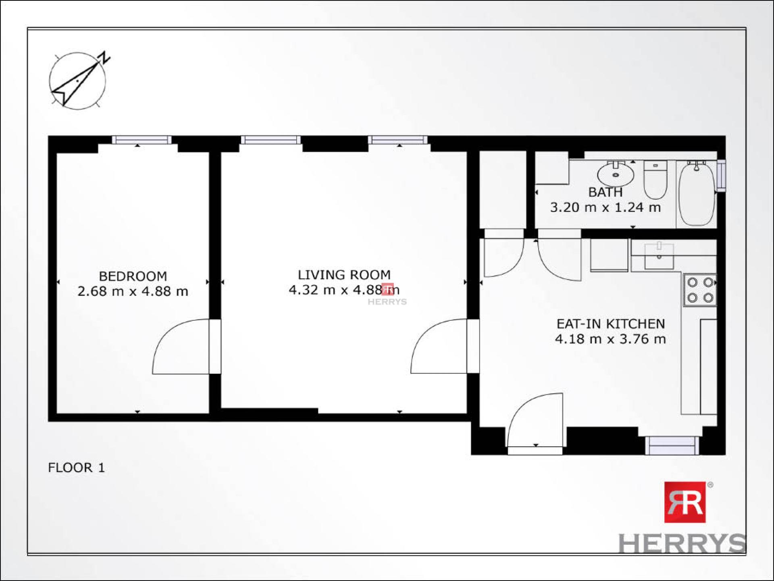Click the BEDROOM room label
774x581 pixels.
(133, 276)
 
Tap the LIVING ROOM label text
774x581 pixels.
(344, 275)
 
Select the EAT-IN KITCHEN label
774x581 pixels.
(610, 324)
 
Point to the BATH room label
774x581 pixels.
(605, 192)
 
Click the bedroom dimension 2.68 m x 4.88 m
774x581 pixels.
(133, 291)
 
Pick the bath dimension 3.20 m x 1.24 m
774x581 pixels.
(605, 207)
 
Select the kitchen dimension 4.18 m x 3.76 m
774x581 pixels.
(610, 339)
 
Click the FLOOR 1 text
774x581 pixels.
(76, 468)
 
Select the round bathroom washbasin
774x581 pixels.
(615, 173)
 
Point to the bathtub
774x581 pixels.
(697, 193)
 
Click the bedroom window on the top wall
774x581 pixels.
(141, 140)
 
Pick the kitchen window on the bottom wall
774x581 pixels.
(672, 445)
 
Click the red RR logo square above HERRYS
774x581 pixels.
(685, 502)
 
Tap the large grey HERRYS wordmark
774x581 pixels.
(682, 543)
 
